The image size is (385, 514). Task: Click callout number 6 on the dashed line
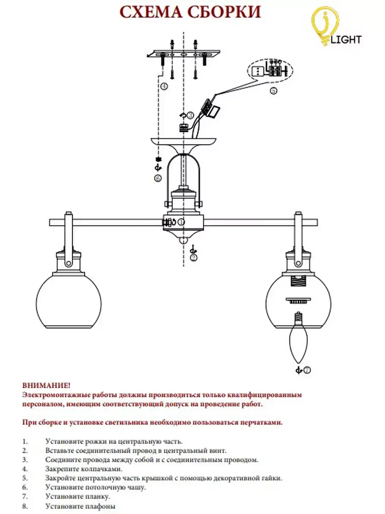(x=158, y=179)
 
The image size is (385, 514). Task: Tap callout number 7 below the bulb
(x=307, y=370)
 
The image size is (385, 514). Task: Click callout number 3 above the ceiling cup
(x=190, y=115)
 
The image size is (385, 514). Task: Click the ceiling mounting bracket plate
(x=184, y=55)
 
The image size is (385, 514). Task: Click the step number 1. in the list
(x=25, y=441)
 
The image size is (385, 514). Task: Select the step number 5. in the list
(x=25, y=478)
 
